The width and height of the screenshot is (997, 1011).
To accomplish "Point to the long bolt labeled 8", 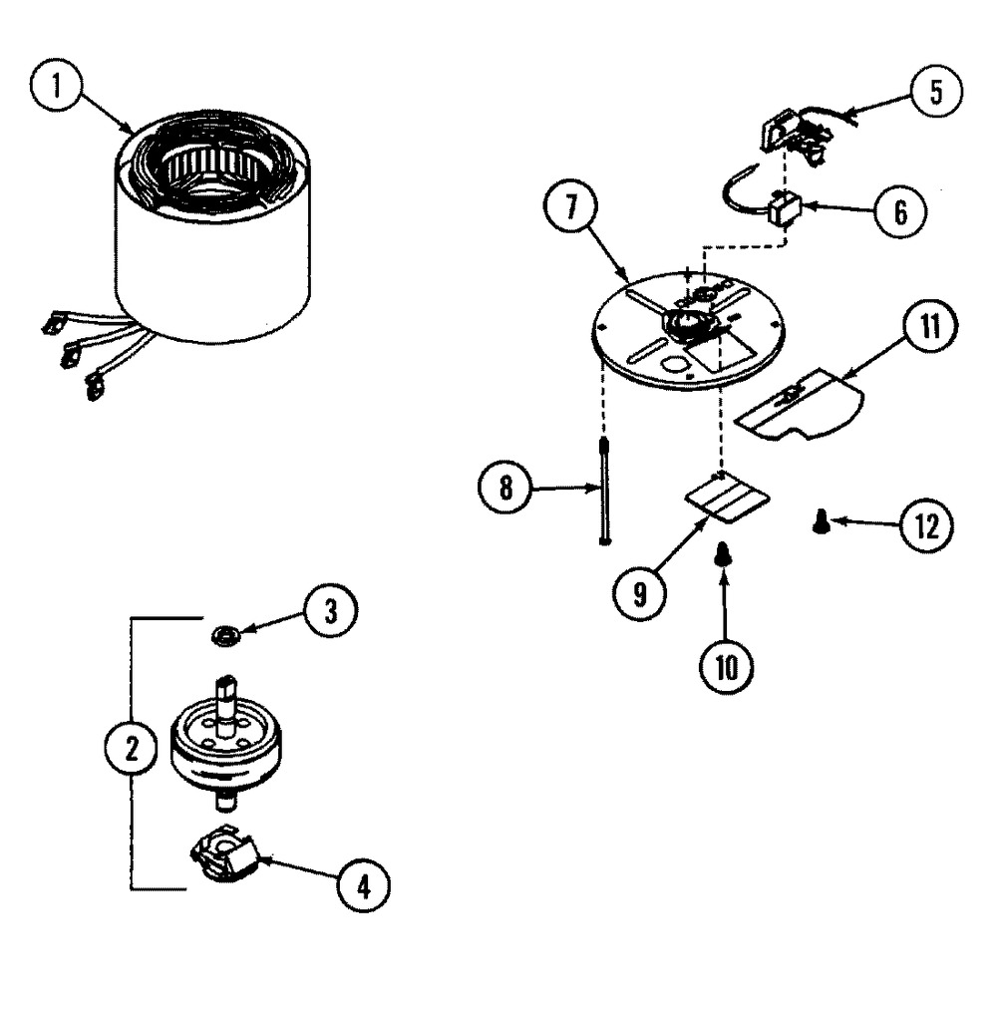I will tap(604, 490).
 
